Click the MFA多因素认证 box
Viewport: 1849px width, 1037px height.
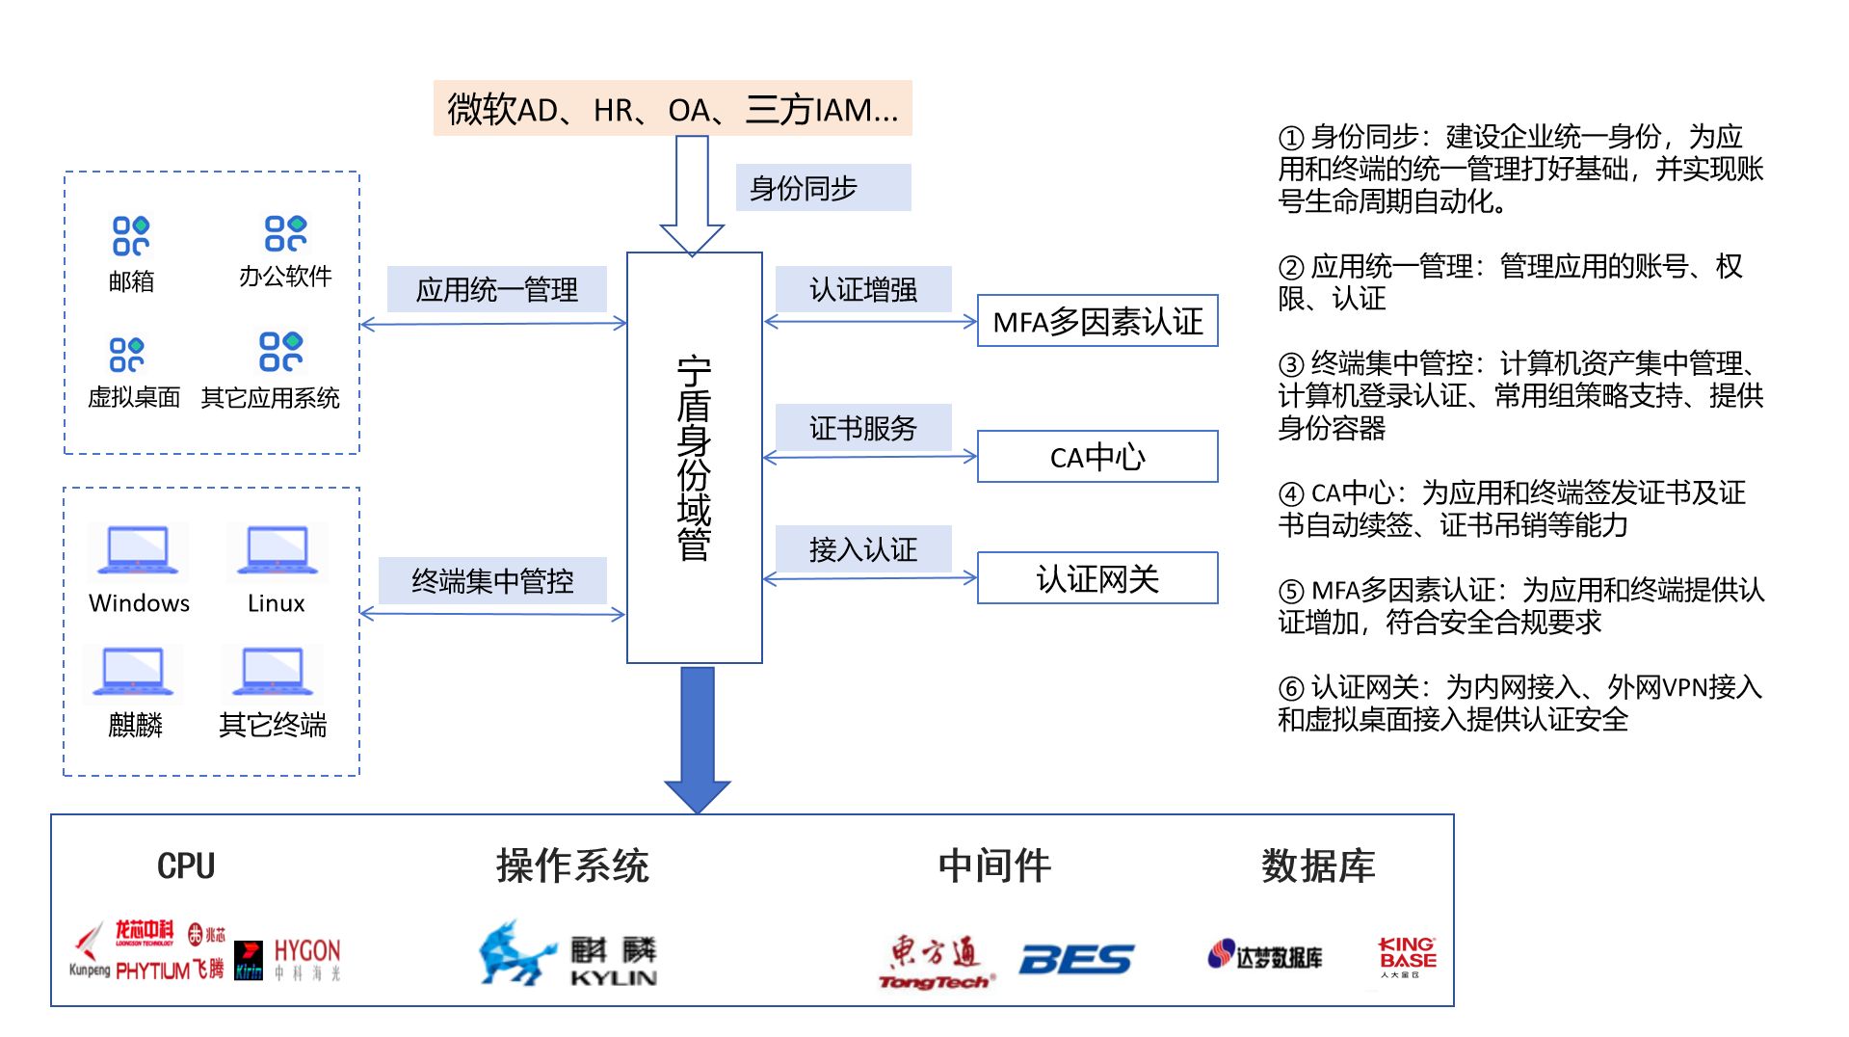click(x=1097, y=321)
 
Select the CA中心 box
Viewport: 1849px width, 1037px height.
click(x=1097, y=457)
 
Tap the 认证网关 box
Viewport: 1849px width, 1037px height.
click(x=1097, y=578)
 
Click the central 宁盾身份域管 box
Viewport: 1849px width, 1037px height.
click(x=694, y=458)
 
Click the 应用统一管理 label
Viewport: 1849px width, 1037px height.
click(x=497, y=289)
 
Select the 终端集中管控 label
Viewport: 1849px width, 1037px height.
click(x=492, y=580)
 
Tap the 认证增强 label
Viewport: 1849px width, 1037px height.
click(x=863, y=289)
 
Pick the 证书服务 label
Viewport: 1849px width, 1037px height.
click(x=863, y=428)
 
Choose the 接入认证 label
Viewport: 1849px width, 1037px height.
click(x=863, y=549)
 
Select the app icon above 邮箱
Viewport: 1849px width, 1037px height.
click(x=131, y=235)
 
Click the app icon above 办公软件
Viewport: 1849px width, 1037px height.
click(x=285, y=233)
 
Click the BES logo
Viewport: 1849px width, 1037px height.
click(x=1076, y=959)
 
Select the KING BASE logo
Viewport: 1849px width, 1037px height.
click(x=1407, y=956)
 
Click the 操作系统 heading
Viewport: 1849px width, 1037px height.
click(x=572, y=865)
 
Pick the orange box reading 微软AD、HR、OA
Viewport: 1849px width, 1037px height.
click(x=673, y=109)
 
